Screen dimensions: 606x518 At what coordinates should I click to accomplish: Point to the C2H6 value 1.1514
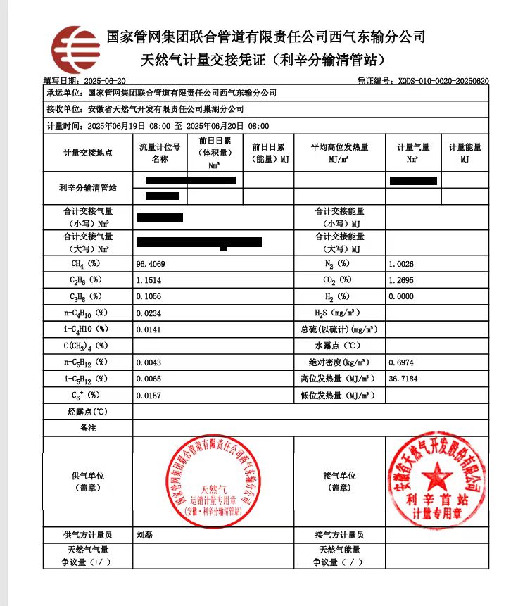pyautogui.click(x=149, y=280)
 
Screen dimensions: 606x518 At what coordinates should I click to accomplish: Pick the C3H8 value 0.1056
pyautogui.click(x=149, y=296)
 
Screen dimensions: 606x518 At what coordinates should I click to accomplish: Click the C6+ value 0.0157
pyautogui.click(x=149, y=396)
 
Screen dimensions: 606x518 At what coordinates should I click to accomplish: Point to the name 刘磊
pyautogui.click(x=145, y=535)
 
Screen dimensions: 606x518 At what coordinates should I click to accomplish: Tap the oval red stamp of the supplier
pyautogui.click(x=213, y=482)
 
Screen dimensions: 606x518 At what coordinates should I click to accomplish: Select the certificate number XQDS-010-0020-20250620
pyautogui.click(x=443, y=81)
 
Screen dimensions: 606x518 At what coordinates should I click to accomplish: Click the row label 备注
pyautogui.click(x=88, y=427)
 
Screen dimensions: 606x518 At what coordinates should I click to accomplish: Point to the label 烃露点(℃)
pyautogui.click(x=88, y=411)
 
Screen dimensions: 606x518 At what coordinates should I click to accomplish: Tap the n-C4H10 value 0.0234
pyautogui.click(x=149, y=313)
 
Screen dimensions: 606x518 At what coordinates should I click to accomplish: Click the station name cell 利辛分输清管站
pyautogui.click(x=88, y=189)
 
